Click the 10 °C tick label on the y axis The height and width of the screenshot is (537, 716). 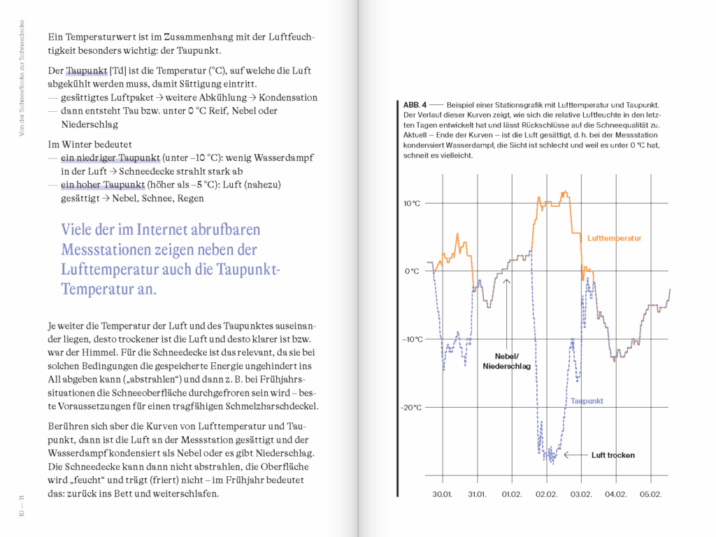pyautogui.click(x=412, y=203)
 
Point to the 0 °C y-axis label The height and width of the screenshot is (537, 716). pyautogui.click(x=412, y=271)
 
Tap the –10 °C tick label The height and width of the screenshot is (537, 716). pyautogui.click(x=412, y=340)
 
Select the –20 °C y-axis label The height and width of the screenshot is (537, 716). pyautogui.click(x=412, y=408)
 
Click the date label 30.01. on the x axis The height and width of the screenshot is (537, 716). pyautogui.click(x=442, y=494)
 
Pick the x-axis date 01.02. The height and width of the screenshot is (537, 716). pyautogui.click(x=512, y=494)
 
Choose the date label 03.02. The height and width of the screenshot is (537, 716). pyautogui.click(x=581, y=494)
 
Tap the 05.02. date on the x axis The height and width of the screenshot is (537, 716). pyautogui.click(x=651, y=494)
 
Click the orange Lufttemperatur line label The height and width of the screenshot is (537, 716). pyautogui.click(x=614, y=238)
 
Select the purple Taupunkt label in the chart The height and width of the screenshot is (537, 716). pyautogui.click(x=587, y=401)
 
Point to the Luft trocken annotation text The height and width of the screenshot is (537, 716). pyautogui.click(x=613, y=455)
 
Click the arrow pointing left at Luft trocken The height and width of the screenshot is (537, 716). pyautogui.click(x=574, y=455)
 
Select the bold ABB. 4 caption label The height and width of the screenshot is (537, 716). pyautogui.click(x=408, y=105)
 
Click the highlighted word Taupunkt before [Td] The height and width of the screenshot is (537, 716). pyautogui.click(x=87, y=71)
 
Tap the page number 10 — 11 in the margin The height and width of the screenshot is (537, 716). pyautogui.click(x=22, y=505)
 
